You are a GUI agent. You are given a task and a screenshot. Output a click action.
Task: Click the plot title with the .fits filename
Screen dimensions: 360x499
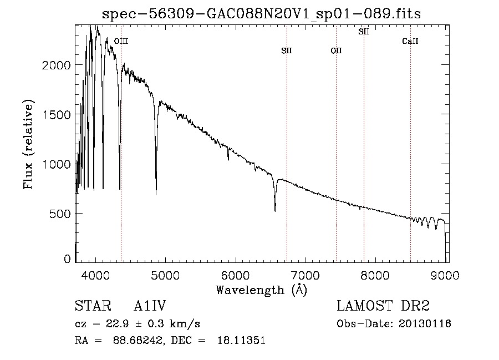[x=262, y=14]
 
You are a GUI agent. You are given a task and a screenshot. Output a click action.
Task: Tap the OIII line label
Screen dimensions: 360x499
[x=121, y=41]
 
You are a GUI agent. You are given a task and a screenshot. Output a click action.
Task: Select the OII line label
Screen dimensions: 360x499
[x=336, y=51]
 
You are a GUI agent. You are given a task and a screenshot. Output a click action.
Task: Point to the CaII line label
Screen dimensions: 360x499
[x=410, y=42]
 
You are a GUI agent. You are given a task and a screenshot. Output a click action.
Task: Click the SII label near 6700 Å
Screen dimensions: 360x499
[x=286, y=51]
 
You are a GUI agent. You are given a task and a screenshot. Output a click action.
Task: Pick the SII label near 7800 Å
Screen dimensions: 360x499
[x=364, y=32]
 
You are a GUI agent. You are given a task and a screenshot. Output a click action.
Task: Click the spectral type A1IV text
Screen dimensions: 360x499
[x=150, y=306]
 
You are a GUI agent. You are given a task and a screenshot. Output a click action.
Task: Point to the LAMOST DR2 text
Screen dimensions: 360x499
[x=383, y=306]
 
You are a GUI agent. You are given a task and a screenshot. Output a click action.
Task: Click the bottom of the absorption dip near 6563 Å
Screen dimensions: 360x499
[x=275, y=211]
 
